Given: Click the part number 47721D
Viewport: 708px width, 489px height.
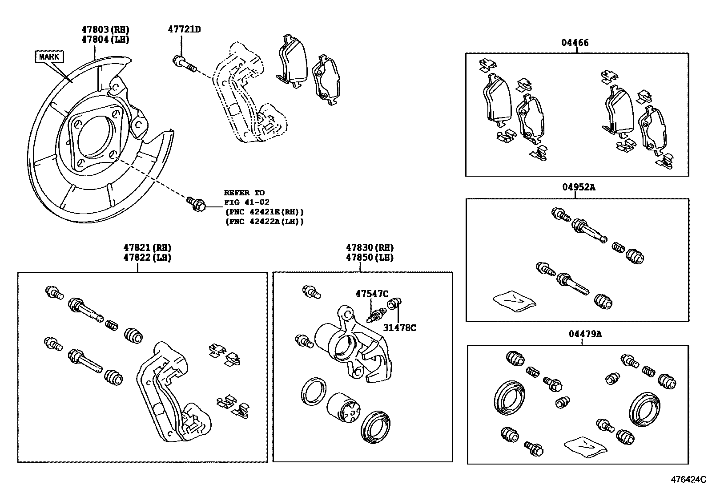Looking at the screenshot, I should pyautogui.click(x=184, y=29).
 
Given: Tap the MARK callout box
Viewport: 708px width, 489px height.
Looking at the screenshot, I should pyautogui.click(x=49, y=57).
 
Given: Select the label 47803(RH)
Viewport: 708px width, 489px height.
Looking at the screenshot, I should pyautogui.click(x=105, y=29).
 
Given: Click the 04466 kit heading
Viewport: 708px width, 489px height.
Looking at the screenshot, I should pyautogui.click(x=575, y=43).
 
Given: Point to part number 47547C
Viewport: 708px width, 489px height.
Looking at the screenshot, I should pyautogui.click(x=372, y=294).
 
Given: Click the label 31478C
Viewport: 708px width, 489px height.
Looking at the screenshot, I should pyautogui.click(x=399, y=328).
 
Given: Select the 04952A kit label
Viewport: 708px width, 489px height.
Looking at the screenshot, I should pyautogui.click(x=578, y=187).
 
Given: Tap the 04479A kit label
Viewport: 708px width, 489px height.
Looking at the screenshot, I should pyautogui.click(x=585, y=334).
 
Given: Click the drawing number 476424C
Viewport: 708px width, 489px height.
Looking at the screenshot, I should pyautogui.click(x=688, y=480).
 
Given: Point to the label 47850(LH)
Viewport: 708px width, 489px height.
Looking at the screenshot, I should pyautogui.click(x=370, y=257).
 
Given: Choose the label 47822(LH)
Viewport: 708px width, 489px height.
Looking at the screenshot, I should pyautogui.click(x=147, y=257).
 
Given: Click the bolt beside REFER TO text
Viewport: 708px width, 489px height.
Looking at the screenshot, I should pyautogui.click(x=196, y=203).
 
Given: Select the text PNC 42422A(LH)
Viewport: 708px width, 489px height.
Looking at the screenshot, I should pyautogui.click(x=265, y=221).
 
